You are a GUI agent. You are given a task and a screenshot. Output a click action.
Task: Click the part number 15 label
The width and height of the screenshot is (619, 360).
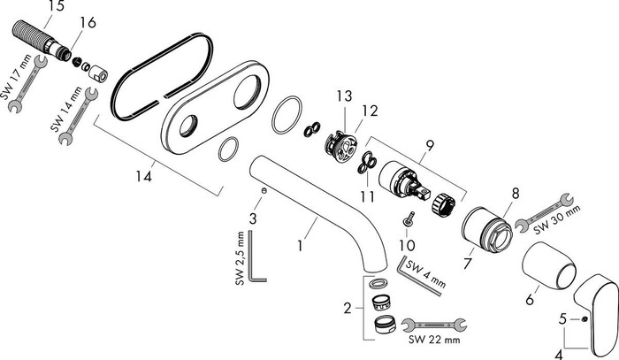tap(32, 7)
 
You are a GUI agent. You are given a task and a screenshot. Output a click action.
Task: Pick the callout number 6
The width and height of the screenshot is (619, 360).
tap(530, 300)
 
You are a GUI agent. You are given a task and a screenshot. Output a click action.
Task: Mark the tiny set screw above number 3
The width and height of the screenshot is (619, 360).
tap(264, 190)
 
